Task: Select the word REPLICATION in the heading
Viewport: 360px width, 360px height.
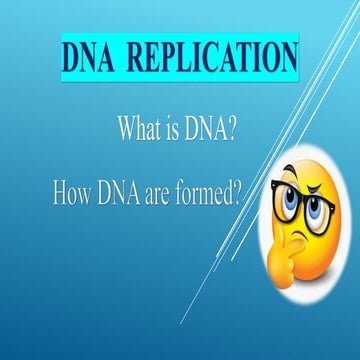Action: pos(213,58)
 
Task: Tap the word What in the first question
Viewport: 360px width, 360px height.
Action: pos(140,129)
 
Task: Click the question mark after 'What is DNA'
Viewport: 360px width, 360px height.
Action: pos(231,129)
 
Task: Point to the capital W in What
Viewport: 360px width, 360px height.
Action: pos(127,129)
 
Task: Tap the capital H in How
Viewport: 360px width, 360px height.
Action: pos(60,193)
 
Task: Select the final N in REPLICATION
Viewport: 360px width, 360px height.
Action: pos(286,58)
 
